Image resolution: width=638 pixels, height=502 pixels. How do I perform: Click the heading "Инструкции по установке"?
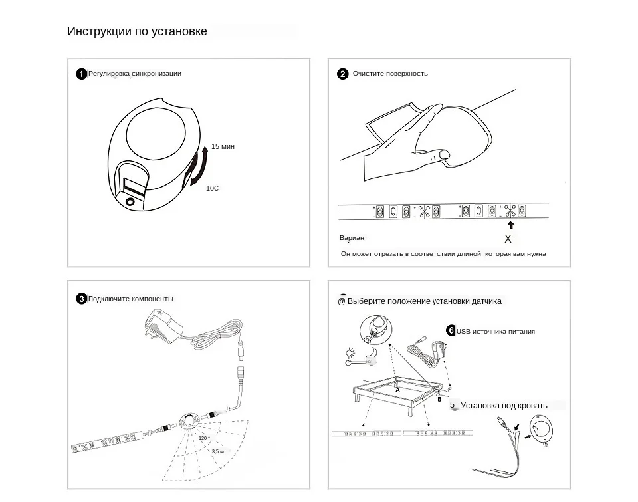137,31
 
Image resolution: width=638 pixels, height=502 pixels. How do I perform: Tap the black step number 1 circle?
81,74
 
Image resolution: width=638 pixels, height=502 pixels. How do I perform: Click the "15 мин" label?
223,146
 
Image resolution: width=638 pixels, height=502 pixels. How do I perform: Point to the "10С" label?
212,188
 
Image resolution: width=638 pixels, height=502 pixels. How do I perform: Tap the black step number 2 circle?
343,74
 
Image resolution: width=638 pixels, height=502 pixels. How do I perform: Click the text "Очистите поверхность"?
390,74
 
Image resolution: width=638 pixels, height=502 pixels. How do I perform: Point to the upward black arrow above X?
510,225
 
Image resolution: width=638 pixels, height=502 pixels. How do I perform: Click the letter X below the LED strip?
508,239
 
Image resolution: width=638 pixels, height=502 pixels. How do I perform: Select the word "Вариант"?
354,238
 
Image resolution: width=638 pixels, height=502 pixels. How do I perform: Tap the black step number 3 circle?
81,299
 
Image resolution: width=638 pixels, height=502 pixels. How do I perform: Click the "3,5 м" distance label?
218,451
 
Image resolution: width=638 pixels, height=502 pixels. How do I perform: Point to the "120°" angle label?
203,438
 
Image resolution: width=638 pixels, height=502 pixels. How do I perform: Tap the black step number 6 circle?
451,331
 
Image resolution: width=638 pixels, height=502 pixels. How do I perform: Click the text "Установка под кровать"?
504,405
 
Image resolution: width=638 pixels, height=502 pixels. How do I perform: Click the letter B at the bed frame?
439,400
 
